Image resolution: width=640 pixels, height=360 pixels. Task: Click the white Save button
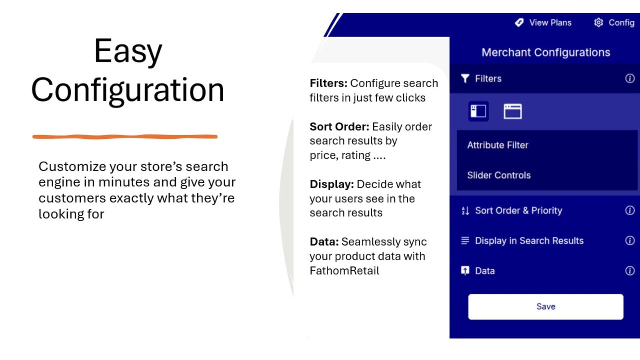pos(546,306)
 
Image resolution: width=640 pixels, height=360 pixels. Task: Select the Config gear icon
pos(598,22)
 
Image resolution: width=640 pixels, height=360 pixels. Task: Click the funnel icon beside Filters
pos(465,78)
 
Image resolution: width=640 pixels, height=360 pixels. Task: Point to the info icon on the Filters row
pos(630,78)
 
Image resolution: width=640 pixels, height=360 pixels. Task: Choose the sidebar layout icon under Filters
pos(478,111)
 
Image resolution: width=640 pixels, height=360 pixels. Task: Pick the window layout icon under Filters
pos(512,111)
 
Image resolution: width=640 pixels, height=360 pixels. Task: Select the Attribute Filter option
pos(498,145)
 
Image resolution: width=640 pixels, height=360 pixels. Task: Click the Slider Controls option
pos(499,175)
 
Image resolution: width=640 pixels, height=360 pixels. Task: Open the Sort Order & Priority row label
pos(518,210)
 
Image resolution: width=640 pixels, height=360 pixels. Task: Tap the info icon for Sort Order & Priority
pos(630,210)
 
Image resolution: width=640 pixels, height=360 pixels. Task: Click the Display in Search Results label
pos(529,240)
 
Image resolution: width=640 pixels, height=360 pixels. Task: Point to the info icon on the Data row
pos(630,270)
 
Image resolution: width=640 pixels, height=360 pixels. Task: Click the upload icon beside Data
pos(465,270)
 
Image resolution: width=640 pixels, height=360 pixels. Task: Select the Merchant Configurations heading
pos(546,52)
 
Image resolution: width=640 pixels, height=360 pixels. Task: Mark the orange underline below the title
pos(125,136)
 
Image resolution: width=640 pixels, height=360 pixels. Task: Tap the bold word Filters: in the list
pos(328,83)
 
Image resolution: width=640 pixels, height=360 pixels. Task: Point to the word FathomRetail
pos(344,270)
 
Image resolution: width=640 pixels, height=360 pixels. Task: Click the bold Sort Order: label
pos(340,126)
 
